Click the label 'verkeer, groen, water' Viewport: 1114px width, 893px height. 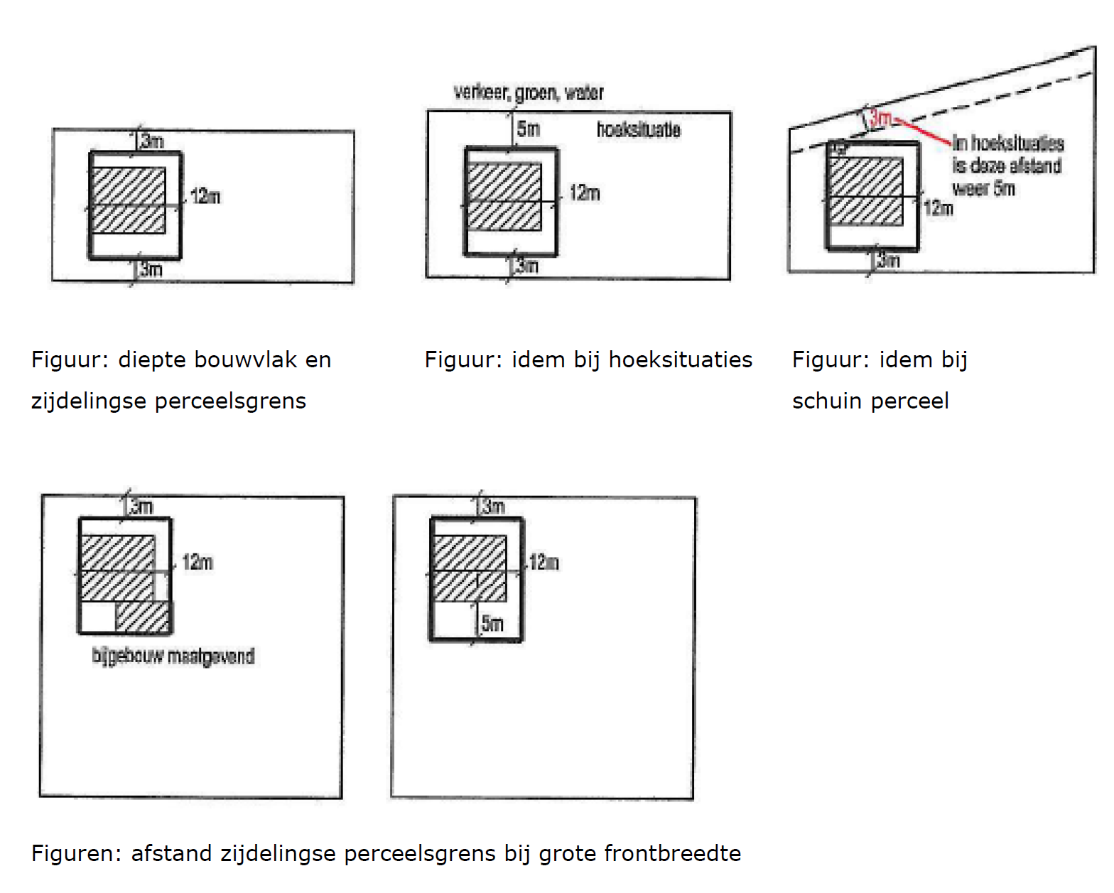529,92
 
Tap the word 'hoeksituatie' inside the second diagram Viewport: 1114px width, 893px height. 638,129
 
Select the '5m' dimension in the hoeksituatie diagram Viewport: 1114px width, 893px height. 529,129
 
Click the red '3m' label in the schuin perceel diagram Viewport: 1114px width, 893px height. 881,118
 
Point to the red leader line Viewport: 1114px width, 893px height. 924,132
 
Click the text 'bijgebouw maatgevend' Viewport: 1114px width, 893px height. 173,656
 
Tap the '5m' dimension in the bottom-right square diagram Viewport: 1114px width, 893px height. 492,624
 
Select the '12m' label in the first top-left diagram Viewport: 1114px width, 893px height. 205,196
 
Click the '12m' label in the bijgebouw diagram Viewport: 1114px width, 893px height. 198,563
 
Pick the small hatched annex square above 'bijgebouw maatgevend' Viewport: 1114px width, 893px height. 143,617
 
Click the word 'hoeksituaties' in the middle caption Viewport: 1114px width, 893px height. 680,359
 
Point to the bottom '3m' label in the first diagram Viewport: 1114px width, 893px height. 151,269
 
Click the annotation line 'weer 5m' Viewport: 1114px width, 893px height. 983,189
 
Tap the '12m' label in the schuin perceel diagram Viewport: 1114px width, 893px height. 939,208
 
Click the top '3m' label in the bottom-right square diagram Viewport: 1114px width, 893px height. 493,507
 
